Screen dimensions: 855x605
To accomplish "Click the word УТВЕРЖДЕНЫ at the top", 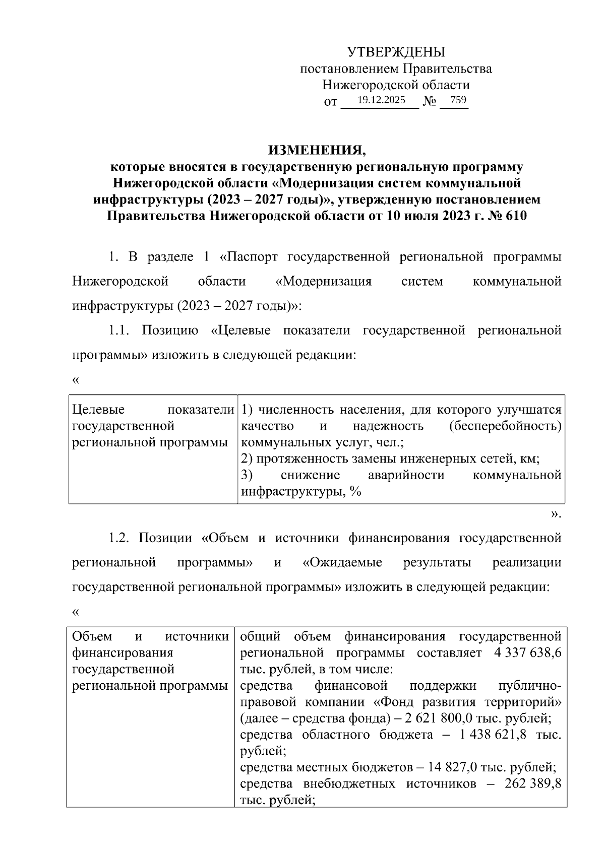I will coord(396,52).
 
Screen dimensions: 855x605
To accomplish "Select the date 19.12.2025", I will coord(381,100).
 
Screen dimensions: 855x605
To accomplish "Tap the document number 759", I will coord(458,100).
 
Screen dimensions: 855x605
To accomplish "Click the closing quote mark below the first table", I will coord(556,514).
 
